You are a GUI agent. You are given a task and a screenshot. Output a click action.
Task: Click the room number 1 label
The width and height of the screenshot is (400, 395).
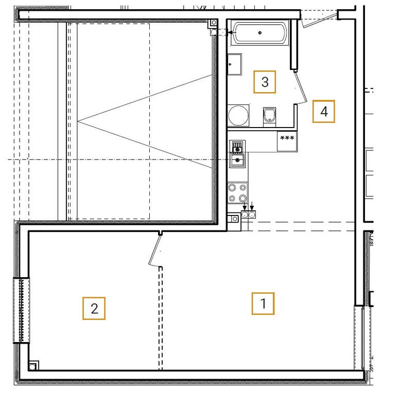[x=263, y=303]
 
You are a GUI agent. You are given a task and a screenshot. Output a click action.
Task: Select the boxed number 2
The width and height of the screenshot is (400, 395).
[x=94, y=309]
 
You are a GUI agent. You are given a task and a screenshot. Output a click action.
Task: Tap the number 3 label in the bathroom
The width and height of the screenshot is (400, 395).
[x=265, y=82]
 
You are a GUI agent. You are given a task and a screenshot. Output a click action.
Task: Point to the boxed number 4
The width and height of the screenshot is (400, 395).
[x=324, y=112]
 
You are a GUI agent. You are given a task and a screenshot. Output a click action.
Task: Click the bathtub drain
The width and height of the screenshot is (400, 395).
[x=260, y=32]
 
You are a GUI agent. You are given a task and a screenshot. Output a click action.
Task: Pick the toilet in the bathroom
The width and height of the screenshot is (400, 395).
[x=269, y=117]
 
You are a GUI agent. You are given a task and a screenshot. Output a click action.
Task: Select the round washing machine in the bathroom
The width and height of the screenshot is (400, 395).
[x=238, y=115]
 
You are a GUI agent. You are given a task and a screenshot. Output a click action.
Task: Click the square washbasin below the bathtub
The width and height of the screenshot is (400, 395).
[x=234, y=64]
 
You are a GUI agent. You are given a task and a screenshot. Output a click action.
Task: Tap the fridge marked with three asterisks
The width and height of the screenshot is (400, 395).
[x=287, y=141]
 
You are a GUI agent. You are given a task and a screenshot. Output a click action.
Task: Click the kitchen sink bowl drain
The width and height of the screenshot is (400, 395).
[x=237, y=160]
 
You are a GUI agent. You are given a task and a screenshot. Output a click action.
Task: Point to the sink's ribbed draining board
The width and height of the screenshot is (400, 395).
[x=237, y=147]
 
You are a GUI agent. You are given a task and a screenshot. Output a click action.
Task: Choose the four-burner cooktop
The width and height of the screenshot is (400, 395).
[x=237, y=193]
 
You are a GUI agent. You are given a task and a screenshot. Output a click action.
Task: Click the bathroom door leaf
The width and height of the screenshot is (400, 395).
[x=301, y=87]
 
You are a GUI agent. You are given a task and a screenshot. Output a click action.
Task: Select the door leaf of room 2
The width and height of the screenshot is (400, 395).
[x=154, y=250]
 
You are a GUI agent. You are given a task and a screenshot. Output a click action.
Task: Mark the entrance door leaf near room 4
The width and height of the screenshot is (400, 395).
[x=319, y=21]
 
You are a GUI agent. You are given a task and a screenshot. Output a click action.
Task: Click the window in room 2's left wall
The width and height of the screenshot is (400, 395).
[x=22, y=310]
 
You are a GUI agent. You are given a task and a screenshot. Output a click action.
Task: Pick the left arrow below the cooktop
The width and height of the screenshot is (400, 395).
[x=245, y=206]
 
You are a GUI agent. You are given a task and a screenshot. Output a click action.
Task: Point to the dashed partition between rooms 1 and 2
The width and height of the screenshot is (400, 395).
[x=161, y=318]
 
